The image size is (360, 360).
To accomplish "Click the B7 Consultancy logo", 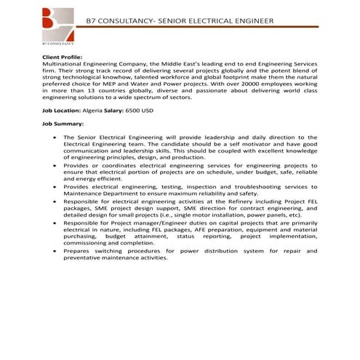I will click(x=59, y=25).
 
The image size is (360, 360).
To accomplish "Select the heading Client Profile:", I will click(x=63, y=56).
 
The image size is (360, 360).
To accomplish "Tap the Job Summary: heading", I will click(x=64, y=124).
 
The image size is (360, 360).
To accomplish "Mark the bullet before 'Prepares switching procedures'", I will click(x=55, y=250).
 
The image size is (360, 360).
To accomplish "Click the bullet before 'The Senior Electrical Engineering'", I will click(x=55, y=137).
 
